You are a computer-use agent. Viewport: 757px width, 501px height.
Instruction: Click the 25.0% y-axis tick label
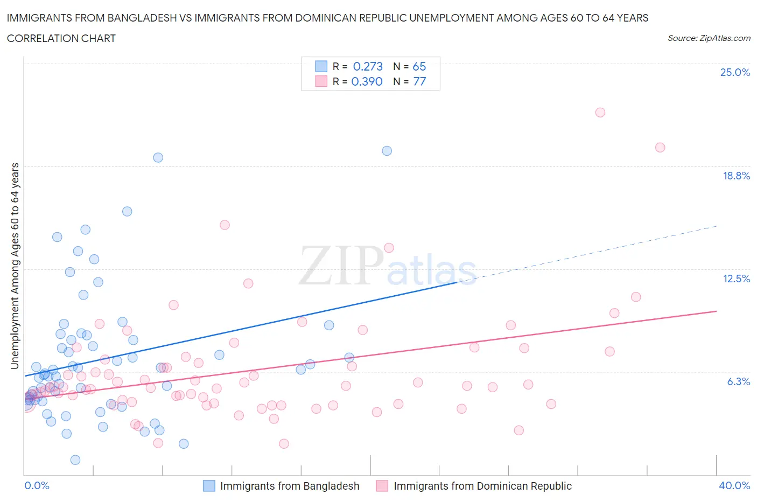[735, 72]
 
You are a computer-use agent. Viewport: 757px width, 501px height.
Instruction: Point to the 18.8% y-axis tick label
[736, 176]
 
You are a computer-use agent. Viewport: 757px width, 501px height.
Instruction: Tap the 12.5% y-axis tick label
[736, 279]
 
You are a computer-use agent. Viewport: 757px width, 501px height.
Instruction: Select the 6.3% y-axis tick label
[738, 381]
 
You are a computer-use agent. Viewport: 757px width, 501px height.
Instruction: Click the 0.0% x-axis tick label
[37, 485]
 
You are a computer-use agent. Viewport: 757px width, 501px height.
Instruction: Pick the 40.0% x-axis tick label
[734, 485]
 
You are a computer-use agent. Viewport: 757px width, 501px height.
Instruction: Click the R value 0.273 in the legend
[368, 66]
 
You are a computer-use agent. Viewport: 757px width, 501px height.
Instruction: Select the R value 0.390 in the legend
[367, 81]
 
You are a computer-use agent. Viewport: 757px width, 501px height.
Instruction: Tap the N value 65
[419, 66]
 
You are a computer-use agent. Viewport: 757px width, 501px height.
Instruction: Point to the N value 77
[419, 81]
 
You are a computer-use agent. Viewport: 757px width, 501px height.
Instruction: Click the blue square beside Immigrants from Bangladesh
[209, 486]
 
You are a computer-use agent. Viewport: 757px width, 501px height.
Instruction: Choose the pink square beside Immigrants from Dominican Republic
[382, 486]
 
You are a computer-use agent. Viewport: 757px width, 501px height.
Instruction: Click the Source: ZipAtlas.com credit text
[709, 38]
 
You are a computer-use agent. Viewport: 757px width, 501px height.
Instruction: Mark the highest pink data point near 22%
[600, 113]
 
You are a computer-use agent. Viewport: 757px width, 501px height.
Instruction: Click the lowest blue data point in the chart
[75, 460]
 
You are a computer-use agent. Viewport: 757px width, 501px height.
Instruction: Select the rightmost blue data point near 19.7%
[387, 151]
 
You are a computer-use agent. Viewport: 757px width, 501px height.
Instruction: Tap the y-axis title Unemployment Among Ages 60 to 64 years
[15, 266]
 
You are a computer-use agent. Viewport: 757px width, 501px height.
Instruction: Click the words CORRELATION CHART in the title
[61, 38]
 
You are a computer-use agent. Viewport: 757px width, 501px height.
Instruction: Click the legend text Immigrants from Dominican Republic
[482, 486]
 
